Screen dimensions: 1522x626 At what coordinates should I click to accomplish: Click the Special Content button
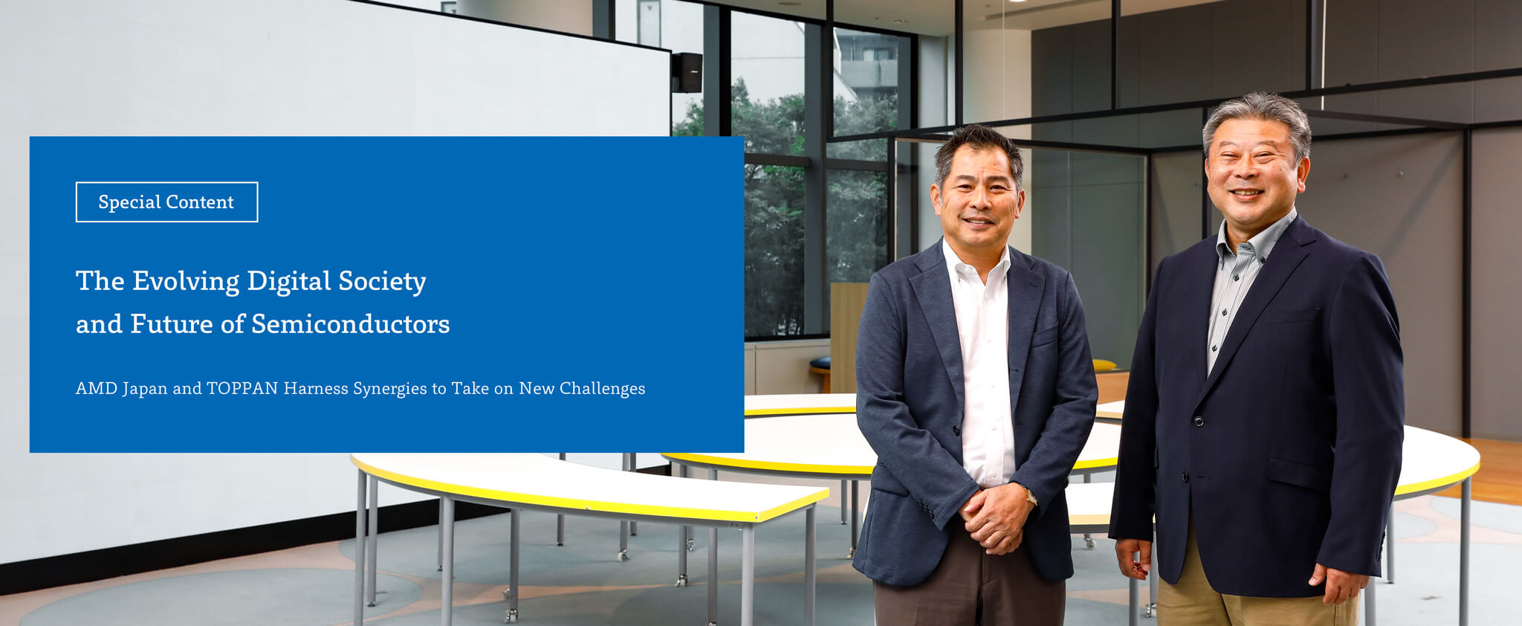[x=166, y=202]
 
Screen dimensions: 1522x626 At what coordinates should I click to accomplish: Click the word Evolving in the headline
[x=186, y=282]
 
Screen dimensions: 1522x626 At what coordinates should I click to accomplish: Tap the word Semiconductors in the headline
[x=351, y=324]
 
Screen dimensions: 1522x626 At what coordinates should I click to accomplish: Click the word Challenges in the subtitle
[x=602, y=389]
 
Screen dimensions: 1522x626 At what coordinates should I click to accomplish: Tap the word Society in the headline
[x=382, y=282]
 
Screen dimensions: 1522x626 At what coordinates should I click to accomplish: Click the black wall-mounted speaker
[x=687, y=72]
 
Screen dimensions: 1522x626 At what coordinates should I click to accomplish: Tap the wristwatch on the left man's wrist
[x=1030, y=495]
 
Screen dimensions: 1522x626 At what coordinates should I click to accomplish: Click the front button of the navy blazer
[x=1197, y=422]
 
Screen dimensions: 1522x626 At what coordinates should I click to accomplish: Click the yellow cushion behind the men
[x=1104, y=365]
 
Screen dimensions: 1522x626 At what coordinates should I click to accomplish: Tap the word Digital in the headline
[x=288, y=282]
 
